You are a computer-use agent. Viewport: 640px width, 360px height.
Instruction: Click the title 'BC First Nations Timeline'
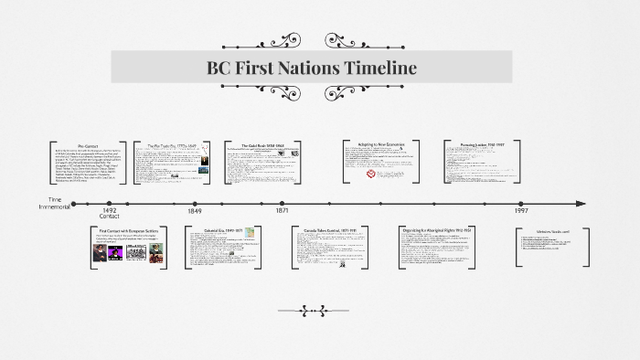(313, 68)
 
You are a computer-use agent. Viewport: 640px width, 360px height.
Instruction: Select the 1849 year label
(195, 210)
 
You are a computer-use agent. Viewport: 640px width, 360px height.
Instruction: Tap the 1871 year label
(283, 210)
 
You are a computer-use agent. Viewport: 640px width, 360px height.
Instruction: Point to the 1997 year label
(520, 210)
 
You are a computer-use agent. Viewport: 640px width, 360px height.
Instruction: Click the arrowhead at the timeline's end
(581, 203)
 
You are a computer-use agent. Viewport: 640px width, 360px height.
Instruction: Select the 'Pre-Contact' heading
(88, 145)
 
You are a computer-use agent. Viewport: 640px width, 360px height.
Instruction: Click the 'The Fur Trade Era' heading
(169, 145)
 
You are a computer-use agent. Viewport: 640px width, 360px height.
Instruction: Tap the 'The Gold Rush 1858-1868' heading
(264, 145)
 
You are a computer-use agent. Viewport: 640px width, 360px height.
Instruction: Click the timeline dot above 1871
(283, 203)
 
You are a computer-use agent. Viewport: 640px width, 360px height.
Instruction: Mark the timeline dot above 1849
(195, 203)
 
